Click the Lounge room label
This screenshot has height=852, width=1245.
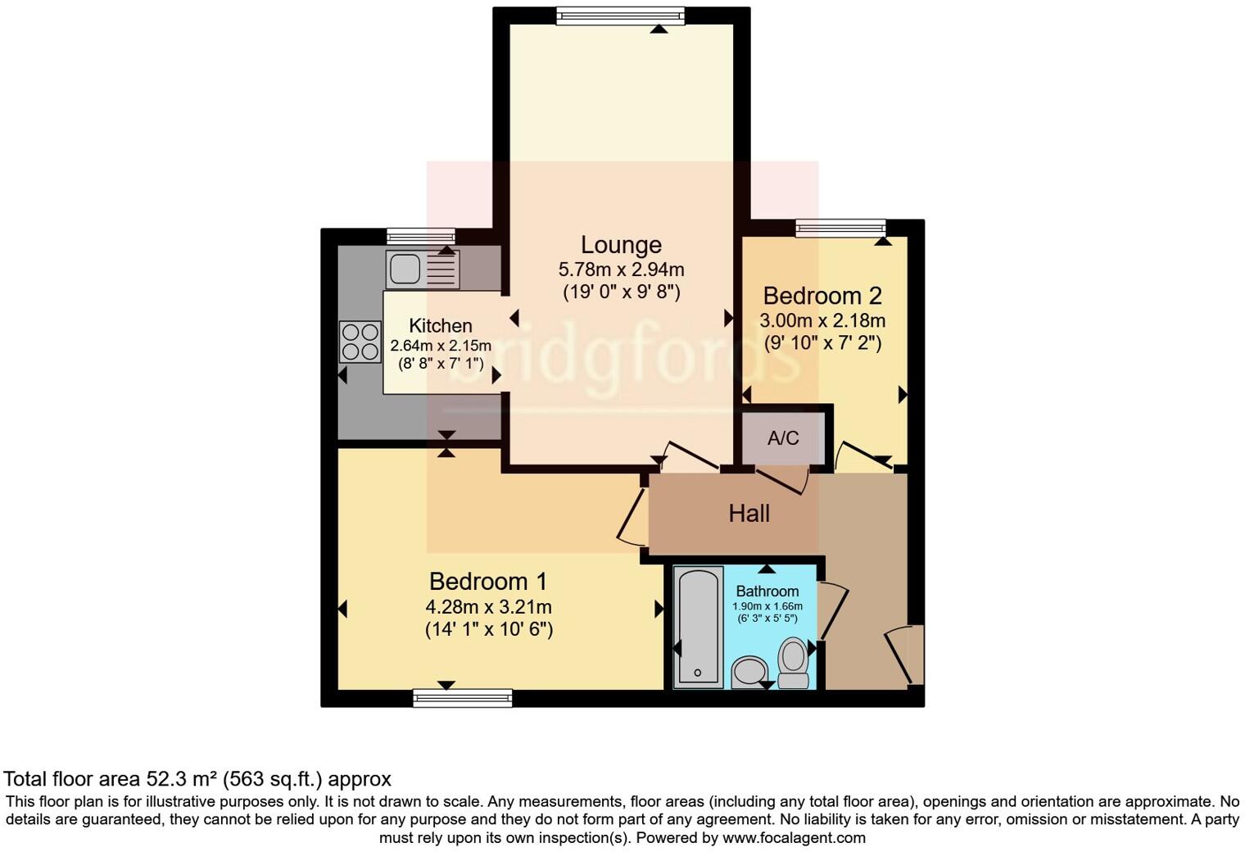(x=621, y=245)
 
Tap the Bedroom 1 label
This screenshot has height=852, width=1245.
(x=487, y=582)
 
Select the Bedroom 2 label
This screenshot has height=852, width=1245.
(x=823, y=296)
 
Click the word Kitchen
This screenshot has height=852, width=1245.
(x=441, y=326)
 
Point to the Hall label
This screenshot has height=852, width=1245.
(x=749, y=514)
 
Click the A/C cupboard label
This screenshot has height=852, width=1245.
(x=782, y=438)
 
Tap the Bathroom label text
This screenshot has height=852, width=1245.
(x=767, y=591)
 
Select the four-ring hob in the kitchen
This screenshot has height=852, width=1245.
(x=360, y=342)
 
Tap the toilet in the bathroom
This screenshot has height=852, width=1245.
(x=793, y=662)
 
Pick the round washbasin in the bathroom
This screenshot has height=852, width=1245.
(x=749, y=672)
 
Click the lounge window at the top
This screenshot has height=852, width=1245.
(x=620, y=14)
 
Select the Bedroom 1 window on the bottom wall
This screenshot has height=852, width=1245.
(x=463, y=698)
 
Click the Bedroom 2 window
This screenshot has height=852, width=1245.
(x=840, y=227)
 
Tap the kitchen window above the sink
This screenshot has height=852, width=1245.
(x=420, y=235)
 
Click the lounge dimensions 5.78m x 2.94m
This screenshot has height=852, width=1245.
(x=621, y=270)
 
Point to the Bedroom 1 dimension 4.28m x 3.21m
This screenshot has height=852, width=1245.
(x=488, y=607)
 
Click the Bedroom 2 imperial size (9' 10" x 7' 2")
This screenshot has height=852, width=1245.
(x=822, y=343)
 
